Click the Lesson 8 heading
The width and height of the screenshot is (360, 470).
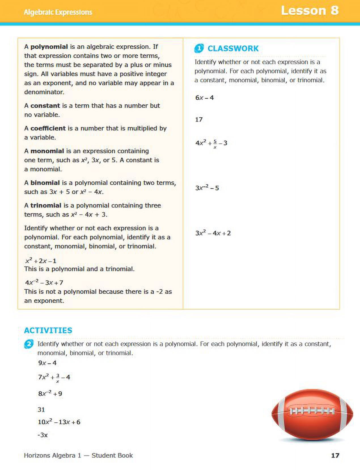coord(310,11)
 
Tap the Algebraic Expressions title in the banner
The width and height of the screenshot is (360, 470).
coord(58,12)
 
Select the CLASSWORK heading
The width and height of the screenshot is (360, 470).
coord(233,48)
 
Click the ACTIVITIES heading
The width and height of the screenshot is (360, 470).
coord(48,330)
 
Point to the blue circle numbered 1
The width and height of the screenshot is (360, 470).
coord(199,48)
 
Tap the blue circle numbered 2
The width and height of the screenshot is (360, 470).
coord(29,344)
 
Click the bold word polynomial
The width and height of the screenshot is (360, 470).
coord(49,47)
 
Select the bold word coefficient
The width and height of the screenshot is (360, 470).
coord(48,128)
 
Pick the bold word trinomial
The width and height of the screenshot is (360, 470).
coord(46,206)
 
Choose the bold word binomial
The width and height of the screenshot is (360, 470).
coord(45,183)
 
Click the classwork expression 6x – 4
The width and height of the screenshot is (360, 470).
coord(204,98)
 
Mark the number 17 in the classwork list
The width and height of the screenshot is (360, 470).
coord(199,120)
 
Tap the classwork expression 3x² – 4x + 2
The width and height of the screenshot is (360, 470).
coord(213,233)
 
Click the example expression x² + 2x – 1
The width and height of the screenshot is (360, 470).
coord(41,261)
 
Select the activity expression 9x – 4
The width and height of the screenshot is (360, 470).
coord(47,363)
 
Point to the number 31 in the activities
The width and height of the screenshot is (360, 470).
coord(41,410)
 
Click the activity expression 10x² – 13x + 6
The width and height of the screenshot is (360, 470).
coord(59,422)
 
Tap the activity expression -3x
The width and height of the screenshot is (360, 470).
coord(43,435)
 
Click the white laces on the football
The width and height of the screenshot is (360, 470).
coord(312,411)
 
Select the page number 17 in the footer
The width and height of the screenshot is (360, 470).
coord(335,455)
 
